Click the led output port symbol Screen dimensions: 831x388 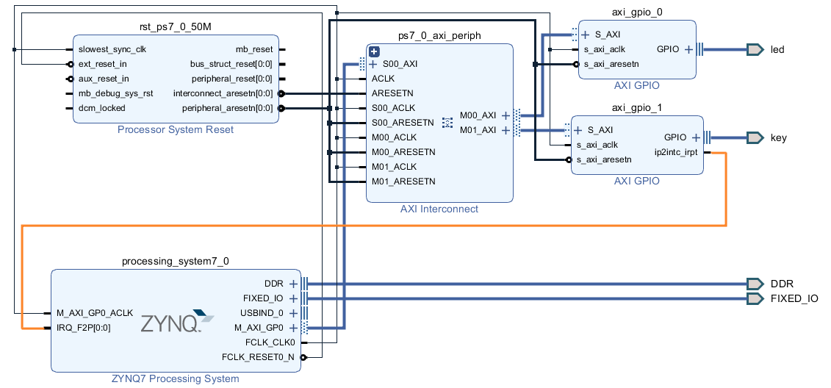(755, 49)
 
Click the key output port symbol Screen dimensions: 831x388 (755, 138)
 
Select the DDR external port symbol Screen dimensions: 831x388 (755, 284)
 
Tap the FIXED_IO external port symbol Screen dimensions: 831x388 (755, 298)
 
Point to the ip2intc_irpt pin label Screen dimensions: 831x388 (676, 152)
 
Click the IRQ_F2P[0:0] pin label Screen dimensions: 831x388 (84, 328)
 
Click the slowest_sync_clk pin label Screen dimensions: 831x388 (112, 49)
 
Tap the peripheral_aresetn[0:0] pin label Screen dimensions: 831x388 (227, 108)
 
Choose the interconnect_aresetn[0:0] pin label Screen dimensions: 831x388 (223, 93)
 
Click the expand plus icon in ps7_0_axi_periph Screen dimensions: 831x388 (374, 51)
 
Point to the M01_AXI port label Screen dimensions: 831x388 (478, 130)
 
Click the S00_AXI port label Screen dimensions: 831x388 (400, 64)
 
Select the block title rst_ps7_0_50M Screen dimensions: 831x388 (176, 27)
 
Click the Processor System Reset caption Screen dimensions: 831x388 (176, 130)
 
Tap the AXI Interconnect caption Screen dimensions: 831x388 (439, 209)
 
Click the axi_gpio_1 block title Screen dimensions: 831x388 (636, 107)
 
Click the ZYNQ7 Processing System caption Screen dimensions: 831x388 (176, 379)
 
